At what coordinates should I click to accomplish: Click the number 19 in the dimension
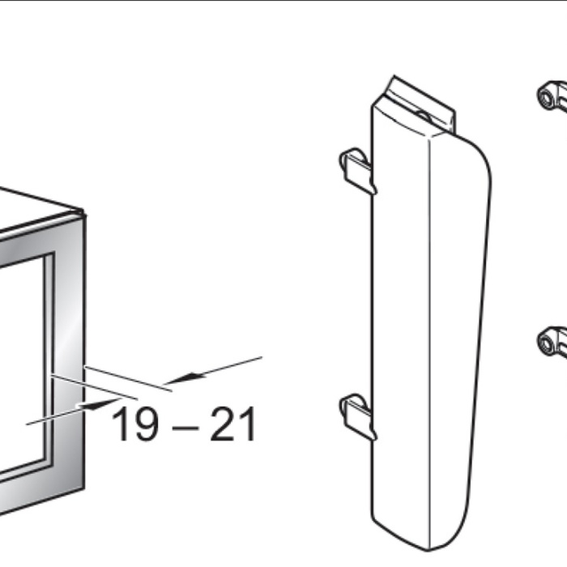(x=135, y=424)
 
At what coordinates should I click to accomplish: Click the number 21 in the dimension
(x=233, y=424)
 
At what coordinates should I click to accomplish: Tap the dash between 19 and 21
(x=185, y=428)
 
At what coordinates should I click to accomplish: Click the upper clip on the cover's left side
(x=357, y=170)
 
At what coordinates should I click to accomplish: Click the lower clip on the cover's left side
(x=357, y=416)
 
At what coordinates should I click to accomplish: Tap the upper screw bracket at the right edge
(x=552, y=95)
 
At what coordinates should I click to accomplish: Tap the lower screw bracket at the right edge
(x=552, y=341)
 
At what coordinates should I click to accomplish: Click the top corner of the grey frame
(x=84, y=213)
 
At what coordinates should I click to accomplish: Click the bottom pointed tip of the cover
(x=428, y=550)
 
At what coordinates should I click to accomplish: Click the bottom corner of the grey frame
(x=84, y=488)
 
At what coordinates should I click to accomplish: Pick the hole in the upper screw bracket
(x=545, y=96)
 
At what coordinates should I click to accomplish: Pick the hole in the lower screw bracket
(x=545, y=343)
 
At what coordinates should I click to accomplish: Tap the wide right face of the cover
(x=458, y=326)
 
